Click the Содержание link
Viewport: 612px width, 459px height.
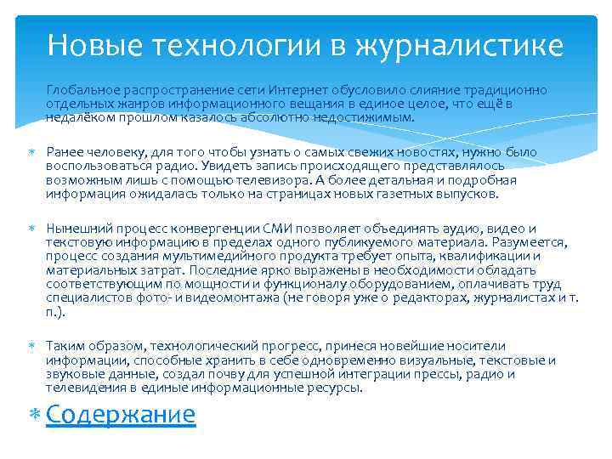click(x=121, y=414)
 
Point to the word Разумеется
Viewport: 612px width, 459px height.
click(x=520, y=243)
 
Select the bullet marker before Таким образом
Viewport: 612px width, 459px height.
click(x=34, y=347)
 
